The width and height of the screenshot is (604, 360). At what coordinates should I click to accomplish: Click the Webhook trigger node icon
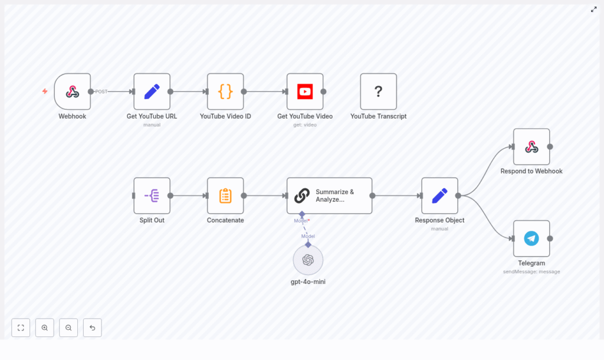coord(73,91)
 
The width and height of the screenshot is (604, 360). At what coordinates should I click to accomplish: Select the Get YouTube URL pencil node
coord(152,91)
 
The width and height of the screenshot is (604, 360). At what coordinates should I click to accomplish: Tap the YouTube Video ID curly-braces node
coord(225,91)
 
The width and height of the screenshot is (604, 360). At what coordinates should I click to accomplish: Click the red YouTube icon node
coord(305,91)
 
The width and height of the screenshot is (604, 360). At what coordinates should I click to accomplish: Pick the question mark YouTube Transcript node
coord(378,91)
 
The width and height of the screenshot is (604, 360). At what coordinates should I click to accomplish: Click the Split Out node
coord(152,195)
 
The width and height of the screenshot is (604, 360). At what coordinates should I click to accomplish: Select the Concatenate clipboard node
coord(225,195)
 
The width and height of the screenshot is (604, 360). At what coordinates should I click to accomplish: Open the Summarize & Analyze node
coord(329,195)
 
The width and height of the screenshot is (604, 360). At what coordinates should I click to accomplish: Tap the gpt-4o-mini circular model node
coord(308,260)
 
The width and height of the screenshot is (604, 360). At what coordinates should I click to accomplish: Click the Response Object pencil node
coord(439,195)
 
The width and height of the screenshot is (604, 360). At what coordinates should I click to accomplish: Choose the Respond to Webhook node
coord(531,147)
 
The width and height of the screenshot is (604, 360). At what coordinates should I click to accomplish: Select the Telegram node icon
coord(531,238)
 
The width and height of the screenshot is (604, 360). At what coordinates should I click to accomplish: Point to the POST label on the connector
coord(101,91)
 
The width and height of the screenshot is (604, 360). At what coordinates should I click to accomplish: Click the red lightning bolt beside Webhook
coord(45,91)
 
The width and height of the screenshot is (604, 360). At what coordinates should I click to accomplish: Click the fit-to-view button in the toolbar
coord(21,328)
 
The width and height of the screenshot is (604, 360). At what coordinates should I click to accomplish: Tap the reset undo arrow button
coord(93,328)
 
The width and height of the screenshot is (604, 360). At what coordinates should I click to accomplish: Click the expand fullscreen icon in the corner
coord(594,9)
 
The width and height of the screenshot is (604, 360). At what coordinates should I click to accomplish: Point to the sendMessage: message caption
coord(531,271)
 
